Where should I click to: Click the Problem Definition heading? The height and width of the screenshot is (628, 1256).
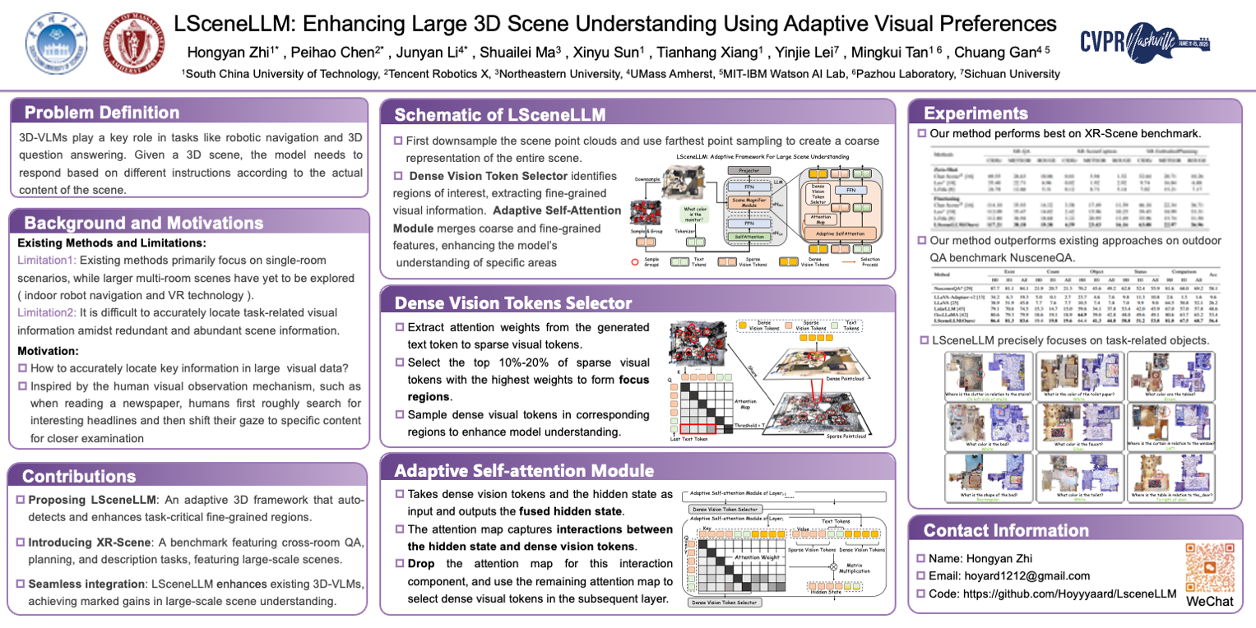coord(101,113)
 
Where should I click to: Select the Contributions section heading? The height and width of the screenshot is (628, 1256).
coord(79,476)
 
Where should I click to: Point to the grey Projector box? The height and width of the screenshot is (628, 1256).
coord(749,170)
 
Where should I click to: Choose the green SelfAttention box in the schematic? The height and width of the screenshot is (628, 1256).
coord(749,236)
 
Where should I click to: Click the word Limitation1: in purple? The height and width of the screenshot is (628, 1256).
coord(47,259)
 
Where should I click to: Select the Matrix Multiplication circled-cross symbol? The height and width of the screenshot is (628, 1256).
coord(832,566)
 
